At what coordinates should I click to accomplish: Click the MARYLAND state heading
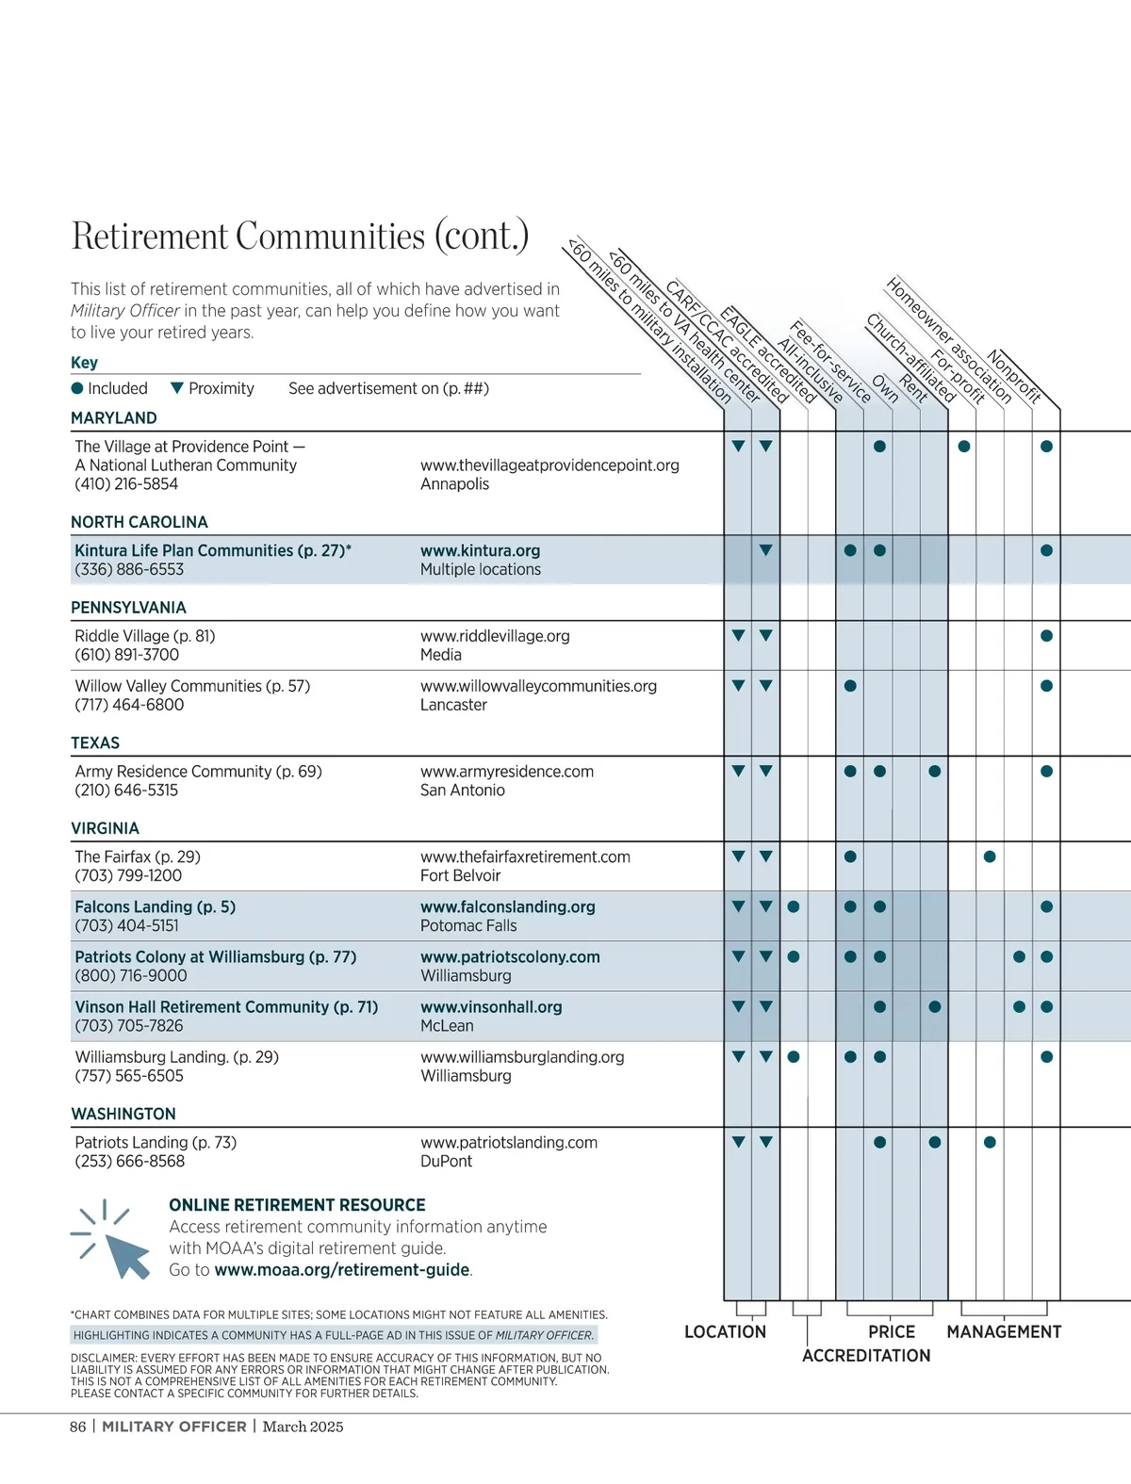tap(114, 418)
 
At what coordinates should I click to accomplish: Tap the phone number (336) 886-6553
tap(129, 570)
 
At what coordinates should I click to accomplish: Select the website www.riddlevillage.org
tap(495, 636)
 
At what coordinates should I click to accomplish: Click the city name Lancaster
tap(453, 705)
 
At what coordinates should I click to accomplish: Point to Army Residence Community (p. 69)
tap(198, 772)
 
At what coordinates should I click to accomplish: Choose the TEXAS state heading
tap(95, 743)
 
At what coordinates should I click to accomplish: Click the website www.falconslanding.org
tap(507, 907)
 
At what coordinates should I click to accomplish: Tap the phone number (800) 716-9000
tap(131, 976)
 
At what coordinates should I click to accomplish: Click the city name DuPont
tap(446, 1162)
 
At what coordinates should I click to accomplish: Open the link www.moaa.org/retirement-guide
tap(341, 1270)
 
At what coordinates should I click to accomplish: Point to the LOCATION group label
tap(725, 1332)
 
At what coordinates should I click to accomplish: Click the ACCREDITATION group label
tap(866, 1356)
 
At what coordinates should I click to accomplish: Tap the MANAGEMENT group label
tap(1004, 1332)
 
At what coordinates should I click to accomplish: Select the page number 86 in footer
tap(77, 1427)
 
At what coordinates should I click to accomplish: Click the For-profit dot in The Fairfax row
tap(990, 857)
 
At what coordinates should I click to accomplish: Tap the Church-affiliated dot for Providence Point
tap(964, 447)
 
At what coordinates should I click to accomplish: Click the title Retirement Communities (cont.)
tap(300, 236)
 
